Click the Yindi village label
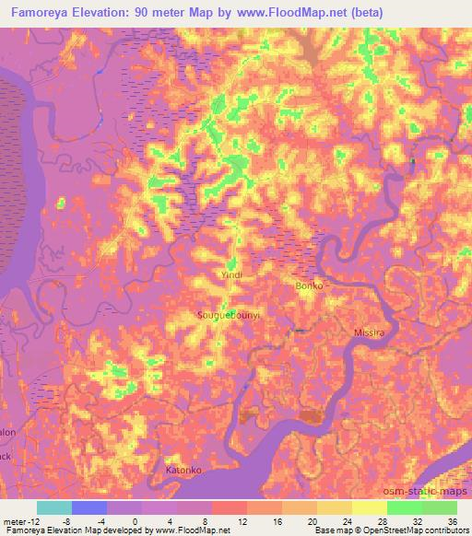click(231, 275)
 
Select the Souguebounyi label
click(230, 315)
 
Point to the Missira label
click(368, 331)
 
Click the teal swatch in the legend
click(54, 507)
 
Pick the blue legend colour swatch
click(89, 507)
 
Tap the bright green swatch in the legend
click(405, 507)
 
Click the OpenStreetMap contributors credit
click(412, 530)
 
